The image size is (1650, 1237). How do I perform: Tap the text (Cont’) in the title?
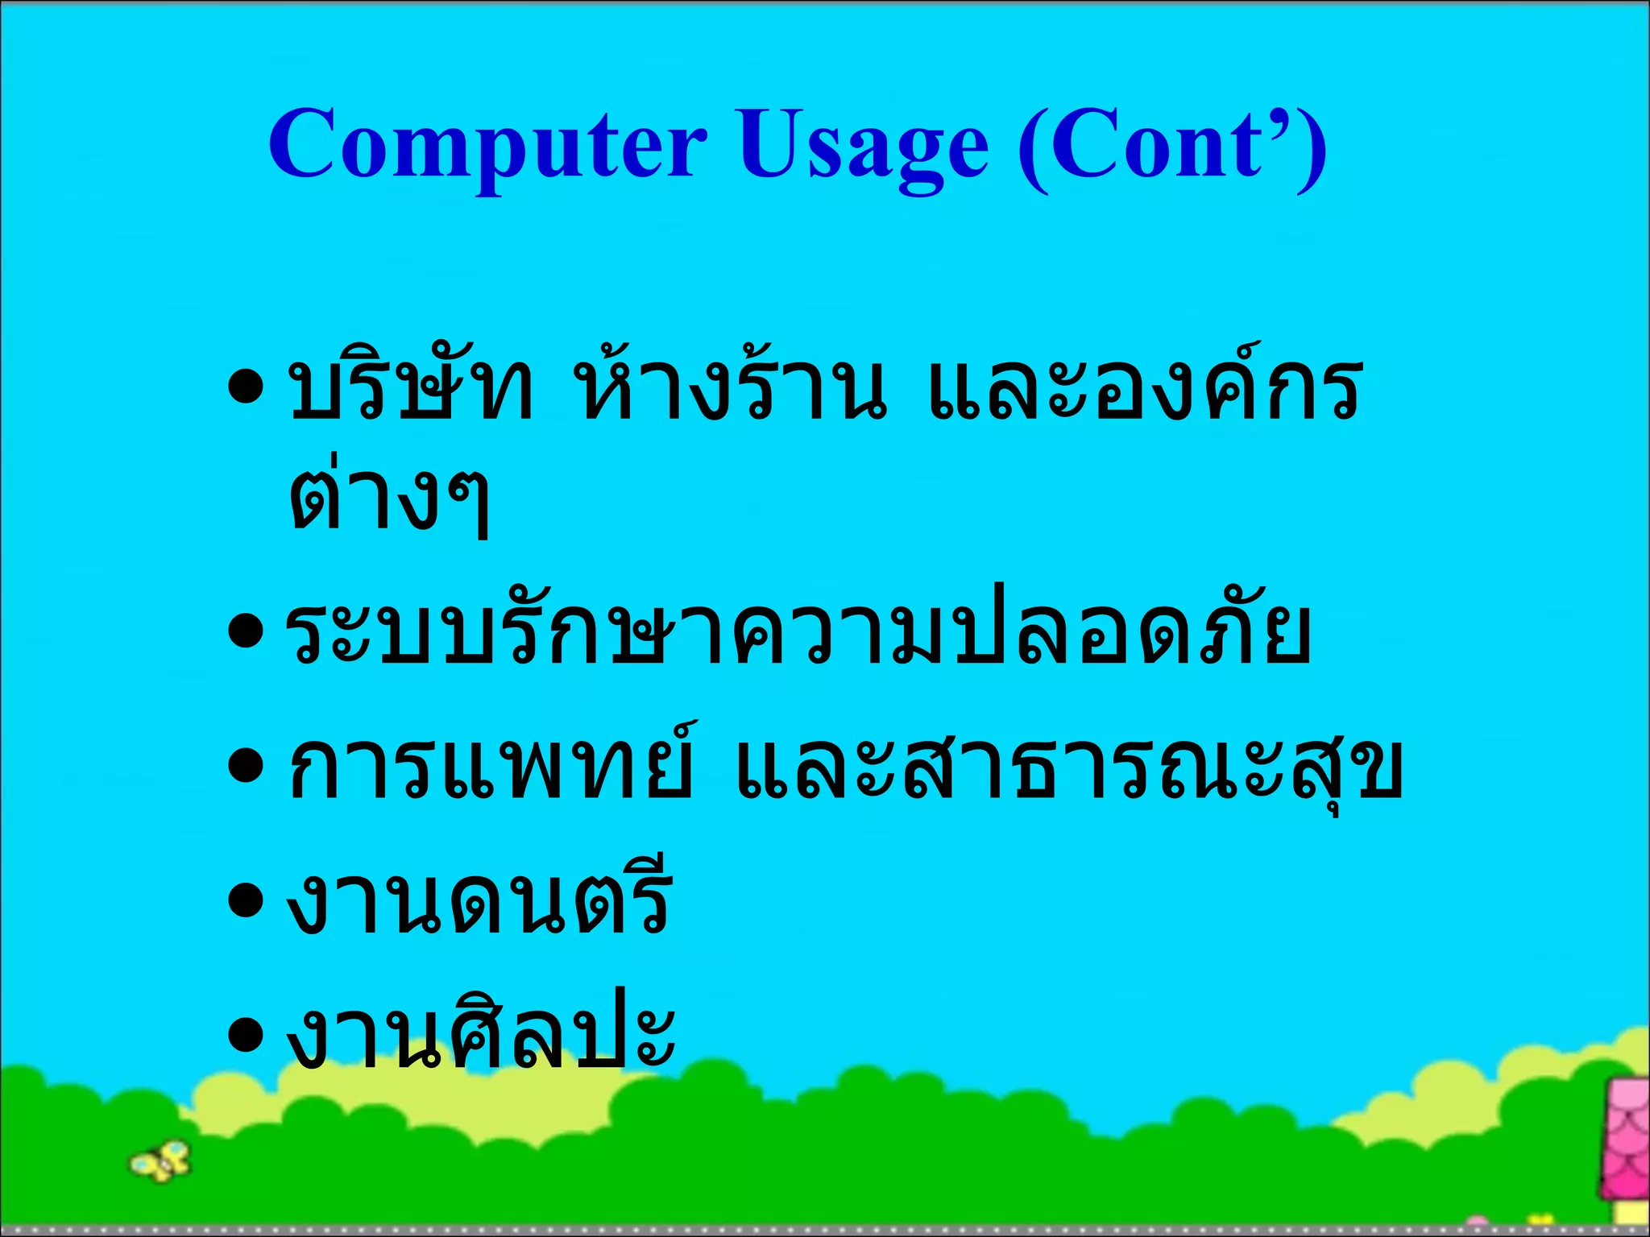coord(1172,145)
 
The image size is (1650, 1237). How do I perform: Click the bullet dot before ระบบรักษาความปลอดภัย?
coord(246,632)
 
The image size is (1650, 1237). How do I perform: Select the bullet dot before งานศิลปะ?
coord(246,1034)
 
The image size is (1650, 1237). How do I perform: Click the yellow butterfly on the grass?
coord(161,1160)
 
